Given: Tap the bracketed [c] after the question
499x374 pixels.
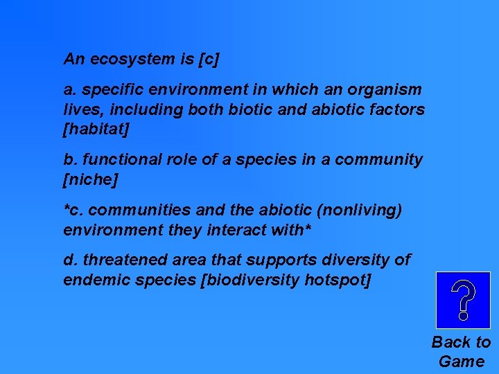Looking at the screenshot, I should (x=209, y=60).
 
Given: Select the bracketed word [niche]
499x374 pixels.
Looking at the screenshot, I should (x=91, y=179).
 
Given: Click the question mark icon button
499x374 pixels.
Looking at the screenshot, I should (x=462, y=300).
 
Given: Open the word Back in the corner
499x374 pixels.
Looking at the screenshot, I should (x=452, y=342).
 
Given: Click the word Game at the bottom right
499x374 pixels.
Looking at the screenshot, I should (x=462, y=361).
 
